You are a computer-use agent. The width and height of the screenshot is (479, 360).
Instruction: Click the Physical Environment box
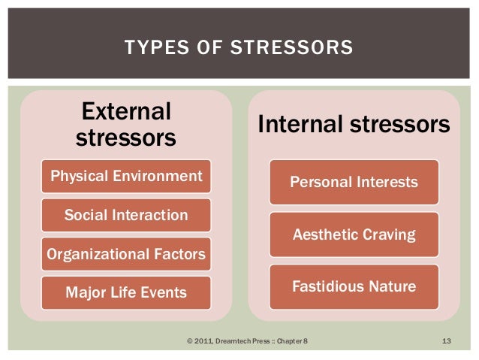click(126, 177)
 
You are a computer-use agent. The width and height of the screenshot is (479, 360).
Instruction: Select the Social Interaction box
click(126, 216)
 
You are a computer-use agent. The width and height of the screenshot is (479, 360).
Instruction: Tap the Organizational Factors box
click(126, 254)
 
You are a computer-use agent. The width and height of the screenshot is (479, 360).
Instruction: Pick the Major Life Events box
click(126, 292)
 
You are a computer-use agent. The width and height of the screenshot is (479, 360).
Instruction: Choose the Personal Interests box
click(354, 183)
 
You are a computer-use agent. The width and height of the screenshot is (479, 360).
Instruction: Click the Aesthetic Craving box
click(354, 234)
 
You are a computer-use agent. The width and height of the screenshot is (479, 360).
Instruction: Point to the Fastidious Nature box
click(354, 286)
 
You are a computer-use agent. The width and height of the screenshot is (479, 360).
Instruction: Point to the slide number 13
click(445, 342)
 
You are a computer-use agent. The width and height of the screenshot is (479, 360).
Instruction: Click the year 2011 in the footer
click(203, 342)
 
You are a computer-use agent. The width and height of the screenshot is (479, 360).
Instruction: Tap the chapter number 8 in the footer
click(304, 342)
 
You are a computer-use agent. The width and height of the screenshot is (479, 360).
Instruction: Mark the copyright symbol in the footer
click(188, 342)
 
